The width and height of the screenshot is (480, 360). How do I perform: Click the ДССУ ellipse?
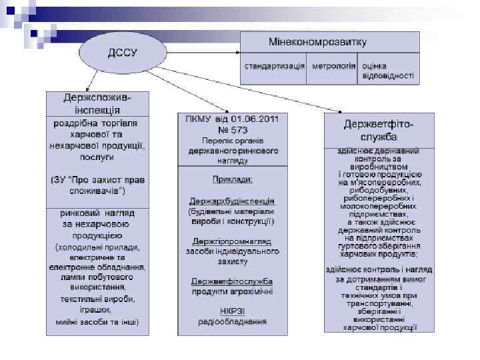(x=123, y=52)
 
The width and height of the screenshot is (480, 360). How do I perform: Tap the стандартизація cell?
(x=275, y=67)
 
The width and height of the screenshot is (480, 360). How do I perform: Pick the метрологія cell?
(x=333, y=67)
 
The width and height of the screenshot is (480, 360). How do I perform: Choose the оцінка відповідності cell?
(x=387, y=71)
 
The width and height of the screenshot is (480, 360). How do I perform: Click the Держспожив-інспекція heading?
(x=97, y=104)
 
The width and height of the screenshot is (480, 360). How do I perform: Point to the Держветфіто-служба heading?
(x=379, y=131)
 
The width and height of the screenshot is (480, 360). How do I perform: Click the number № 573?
(x=233, y=130)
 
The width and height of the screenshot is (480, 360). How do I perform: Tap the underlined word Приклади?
(x=233, y=179)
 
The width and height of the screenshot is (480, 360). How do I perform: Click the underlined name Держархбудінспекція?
(x=232, y=200)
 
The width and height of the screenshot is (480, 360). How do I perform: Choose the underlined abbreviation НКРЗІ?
(x=232, y=311)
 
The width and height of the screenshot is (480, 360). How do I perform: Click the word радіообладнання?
(x=232, y=321)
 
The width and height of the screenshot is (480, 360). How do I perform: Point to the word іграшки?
(x=97, y=310)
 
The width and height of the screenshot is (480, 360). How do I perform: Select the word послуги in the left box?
(x=97, y=157)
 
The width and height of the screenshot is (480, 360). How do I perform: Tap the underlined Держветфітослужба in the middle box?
(x=232, y=280)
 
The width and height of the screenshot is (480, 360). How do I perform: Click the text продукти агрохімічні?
(x=232, y=291)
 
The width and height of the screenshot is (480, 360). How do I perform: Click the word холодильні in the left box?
(x=75, y=247)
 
